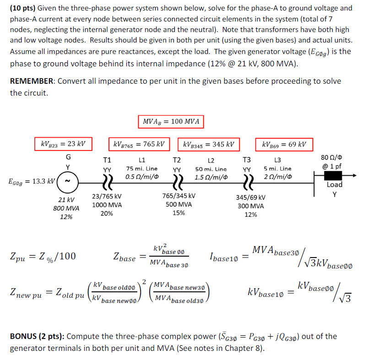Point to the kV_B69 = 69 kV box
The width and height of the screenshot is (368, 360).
(284, 145)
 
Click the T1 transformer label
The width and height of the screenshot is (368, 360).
(107, 160)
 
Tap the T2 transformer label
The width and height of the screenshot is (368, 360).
(176, 160)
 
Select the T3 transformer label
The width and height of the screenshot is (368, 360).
(247, 160)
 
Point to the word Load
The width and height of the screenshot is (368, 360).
(335, 185)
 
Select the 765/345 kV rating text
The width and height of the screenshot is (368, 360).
(179, 196)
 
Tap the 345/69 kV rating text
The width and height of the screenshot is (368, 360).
(250, 197)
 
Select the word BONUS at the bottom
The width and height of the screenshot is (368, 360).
(23, 337)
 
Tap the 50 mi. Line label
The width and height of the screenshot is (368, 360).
(211, 169)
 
